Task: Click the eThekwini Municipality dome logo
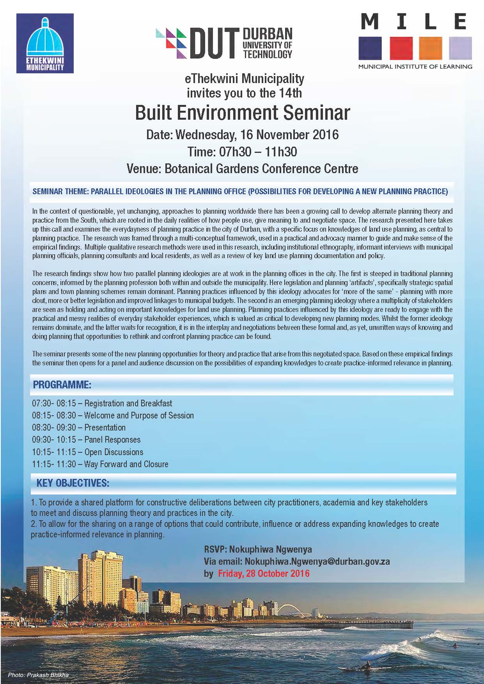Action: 45,43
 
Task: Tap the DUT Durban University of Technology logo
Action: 224,43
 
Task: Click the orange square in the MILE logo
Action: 430,48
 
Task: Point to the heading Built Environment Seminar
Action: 242,113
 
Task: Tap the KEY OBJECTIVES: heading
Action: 73,483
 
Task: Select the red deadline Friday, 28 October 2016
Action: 264,573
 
